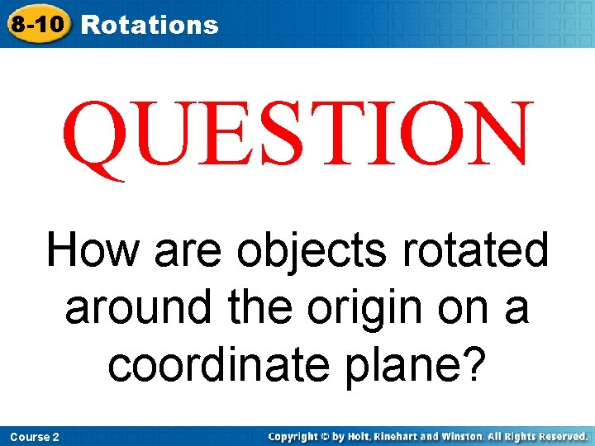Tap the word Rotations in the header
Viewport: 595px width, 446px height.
(150, 25)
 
